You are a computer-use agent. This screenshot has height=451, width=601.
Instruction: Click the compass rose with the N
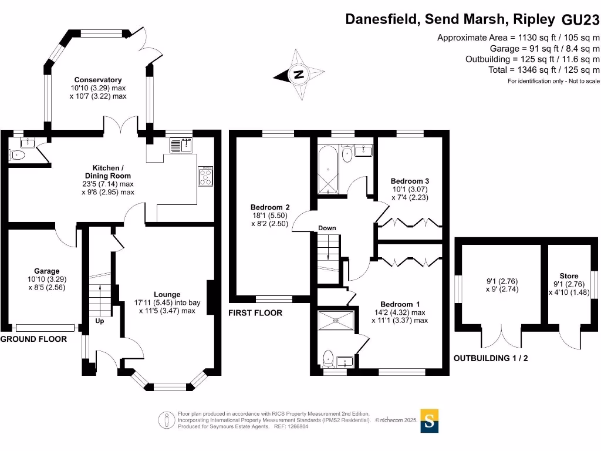[299, 75]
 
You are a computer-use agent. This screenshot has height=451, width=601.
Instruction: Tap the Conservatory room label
[97, 80]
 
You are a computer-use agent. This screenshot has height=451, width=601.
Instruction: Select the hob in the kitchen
[206, 176]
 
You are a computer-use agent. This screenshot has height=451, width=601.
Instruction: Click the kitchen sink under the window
[181, 144]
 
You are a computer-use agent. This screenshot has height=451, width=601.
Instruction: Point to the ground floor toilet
[17, 155]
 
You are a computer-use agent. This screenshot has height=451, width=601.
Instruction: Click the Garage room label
[46, 272]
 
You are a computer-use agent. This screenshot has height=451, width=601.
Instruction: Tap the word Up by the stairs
[99, 322]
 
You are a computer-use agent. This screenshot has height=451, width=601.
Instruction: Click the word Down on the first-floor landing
[327, 228]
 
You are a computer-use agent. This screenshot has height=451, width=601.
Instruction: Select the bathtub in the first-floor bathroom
[327, 171]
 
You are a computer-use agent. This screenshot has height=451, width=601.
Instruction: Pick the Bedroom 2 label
[270, 207]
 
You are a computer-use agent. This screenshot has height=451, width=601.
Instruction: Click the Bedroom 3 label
[406, 181]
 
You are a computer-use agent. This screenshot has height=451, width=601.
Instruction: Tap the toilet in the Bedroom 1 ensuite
[328, 358]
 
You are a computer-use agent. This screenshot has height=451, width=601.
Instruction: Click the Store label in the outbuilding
[569, 276]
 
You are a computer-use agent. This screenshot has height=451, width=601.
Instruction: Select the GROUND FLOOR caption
[33, 339]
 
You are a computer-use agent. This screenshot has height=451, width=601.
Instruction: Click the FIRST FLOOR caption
[255, 313]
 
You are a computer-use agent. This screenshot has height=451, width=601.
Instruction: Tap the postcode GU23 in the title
[580, 20]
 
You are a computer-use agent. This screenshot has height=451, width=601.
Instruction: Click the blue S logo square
[430, 420]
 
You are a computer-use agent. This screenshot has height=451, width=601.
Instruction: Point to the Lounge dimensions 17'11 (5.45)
[167, 302]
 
